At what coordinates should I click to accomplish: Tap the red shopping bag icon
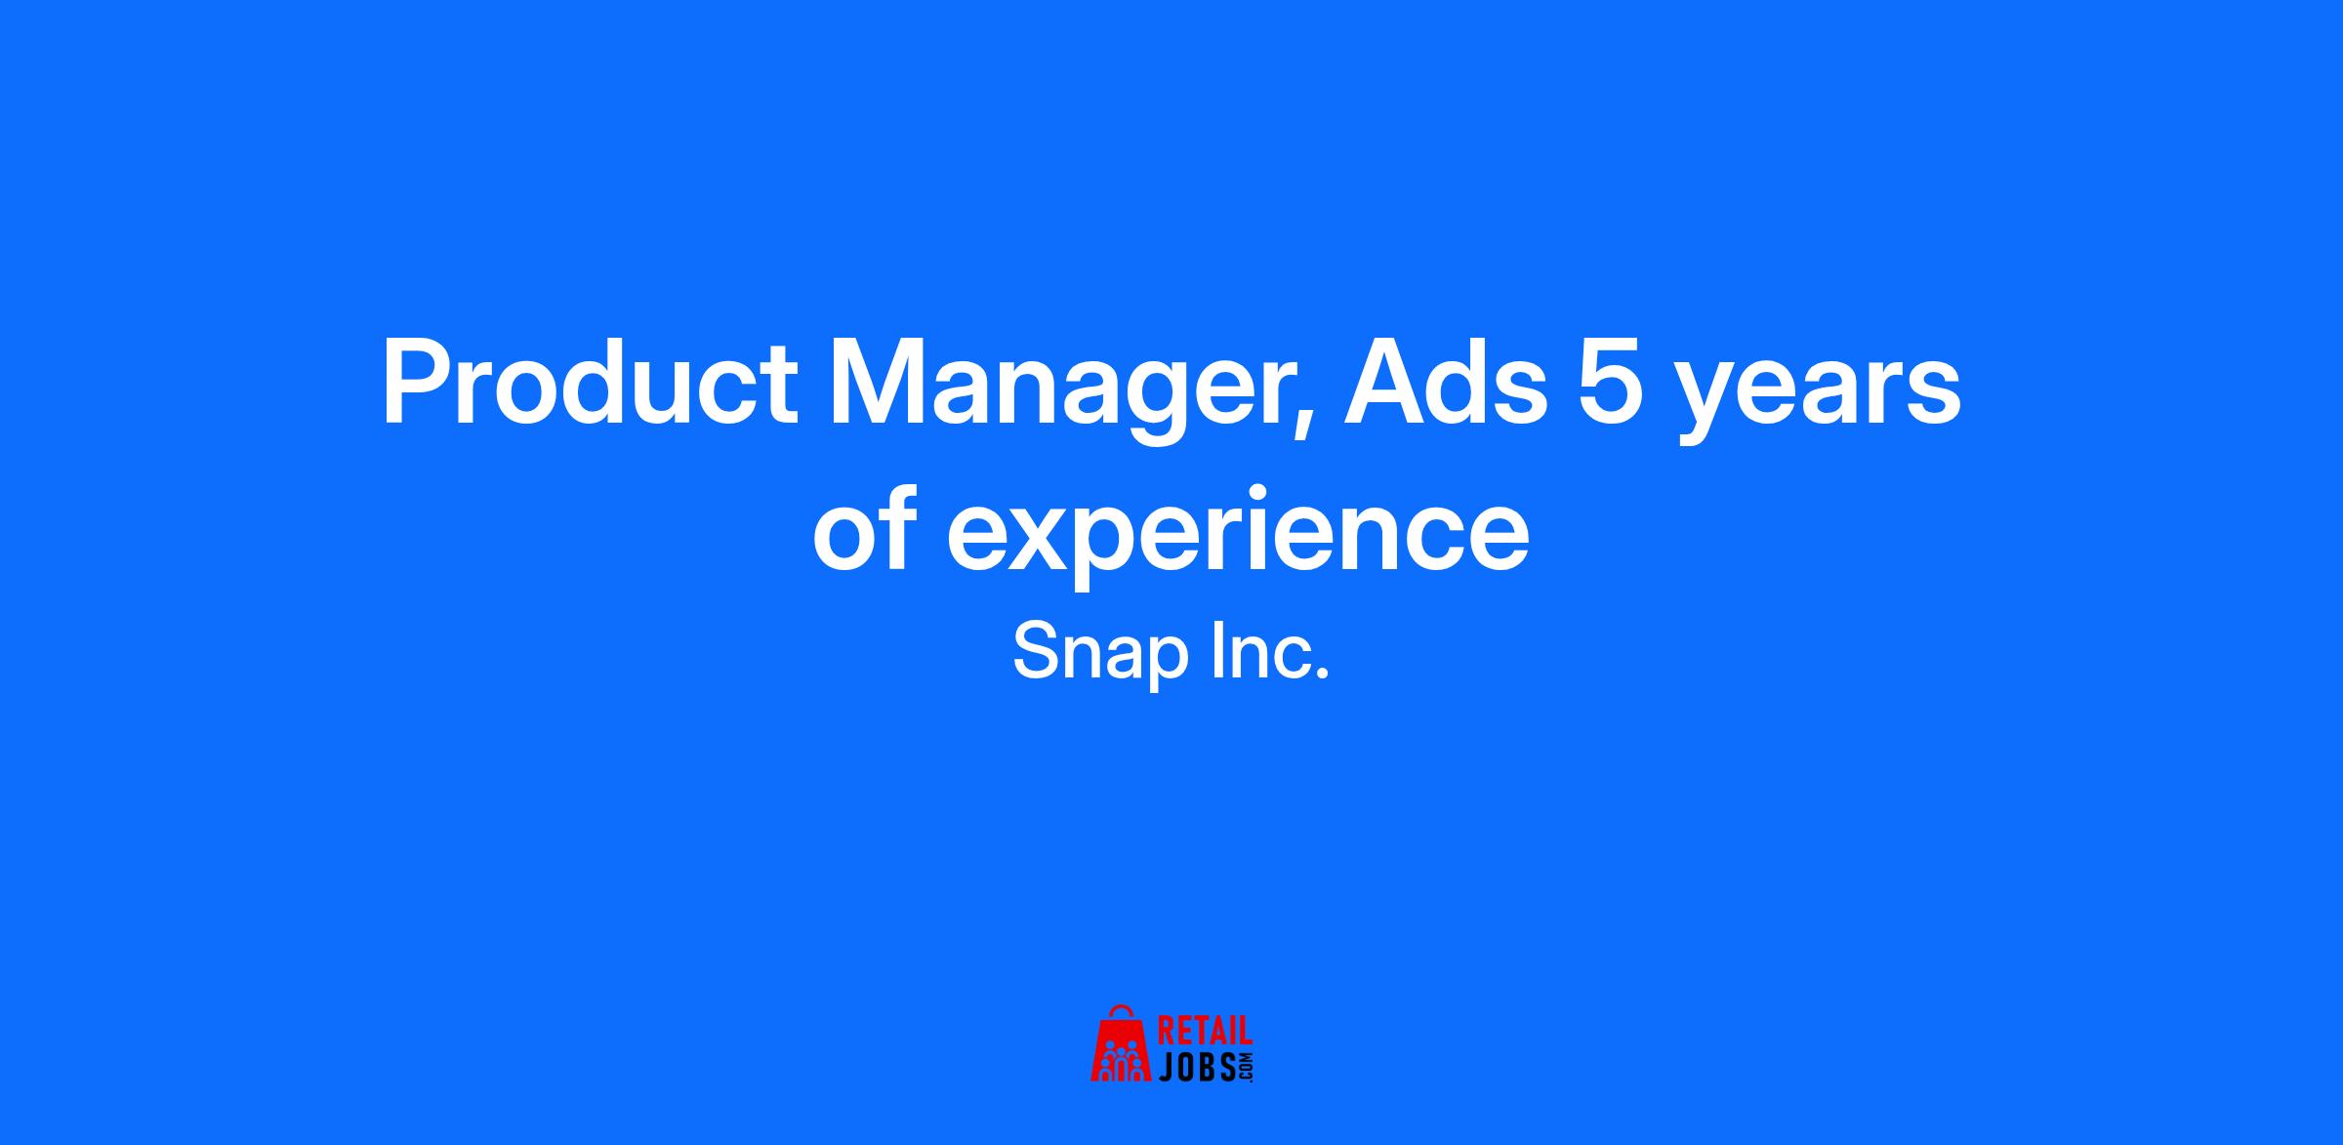(x=1123, y=1050)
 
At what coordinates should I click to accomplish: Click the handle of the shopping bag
(x=1122, y=1012)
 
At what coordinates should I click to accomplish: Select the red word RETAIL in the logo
(x=1205, y=1032)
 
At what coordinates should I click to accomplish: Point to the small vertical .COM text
(x=1246, y=1067)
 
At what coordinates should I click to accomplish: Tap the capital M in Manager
(x=873, y=385)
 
